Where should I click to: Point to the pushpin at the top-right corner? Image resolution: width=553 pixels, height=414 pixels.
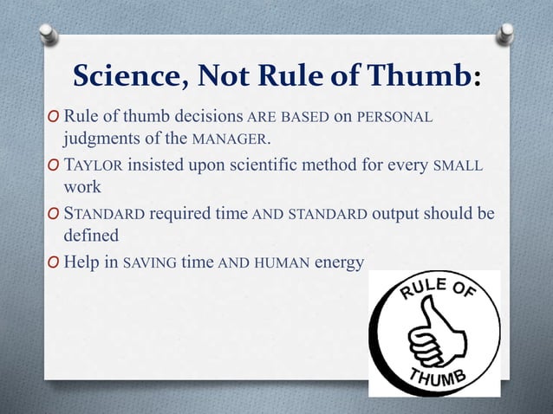[505, 34]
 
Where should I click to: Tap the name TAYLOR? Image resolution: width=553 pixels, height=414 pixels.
[94, 165]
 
